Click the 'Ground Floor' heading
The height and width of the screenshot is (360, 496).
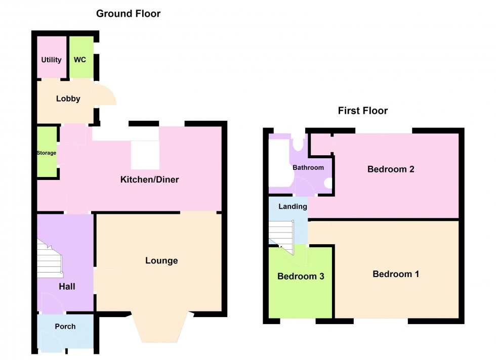coord(128,14)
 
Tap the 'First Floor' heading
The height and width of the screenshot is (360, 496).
coord(362,111)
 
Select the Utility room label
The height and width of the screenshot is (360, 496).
coord(51,60)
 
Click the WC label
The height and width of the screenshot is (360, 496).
coord(80,60)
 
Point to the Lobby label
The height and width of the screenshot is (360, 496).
coord(68,99)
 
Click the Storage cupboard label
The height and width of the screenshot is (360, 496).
coord(46,153)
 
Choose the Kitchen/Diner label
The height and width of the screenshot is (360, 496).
coord(149,179)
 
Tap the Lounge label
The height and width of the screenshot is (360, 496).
coord(161,261)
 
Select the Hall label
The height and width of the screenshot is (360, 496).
coord(66,287)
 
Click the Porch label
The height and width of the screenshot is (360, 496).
coord(65,327)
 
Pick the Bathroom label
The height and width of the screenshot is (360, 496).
coord(308,167)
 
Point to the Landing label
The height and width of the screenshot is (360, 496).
coord(293,206)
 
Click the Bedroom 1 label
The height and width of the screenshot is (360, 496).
coord(396,274)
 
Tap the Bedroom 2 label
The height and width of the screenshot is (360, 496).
coord(391,169)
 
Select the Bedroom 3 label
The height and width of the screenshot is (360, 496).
coord(301,277)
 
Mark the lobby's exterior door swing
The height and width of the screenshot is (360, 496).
coord(104,95)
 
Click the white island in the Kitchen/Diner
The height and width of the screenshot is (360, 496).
coord(145,155)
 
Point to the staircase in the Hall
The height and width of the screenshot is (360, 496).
coord(49,258)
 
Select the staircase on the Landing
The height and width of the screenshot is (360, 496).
coord(280,234)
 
